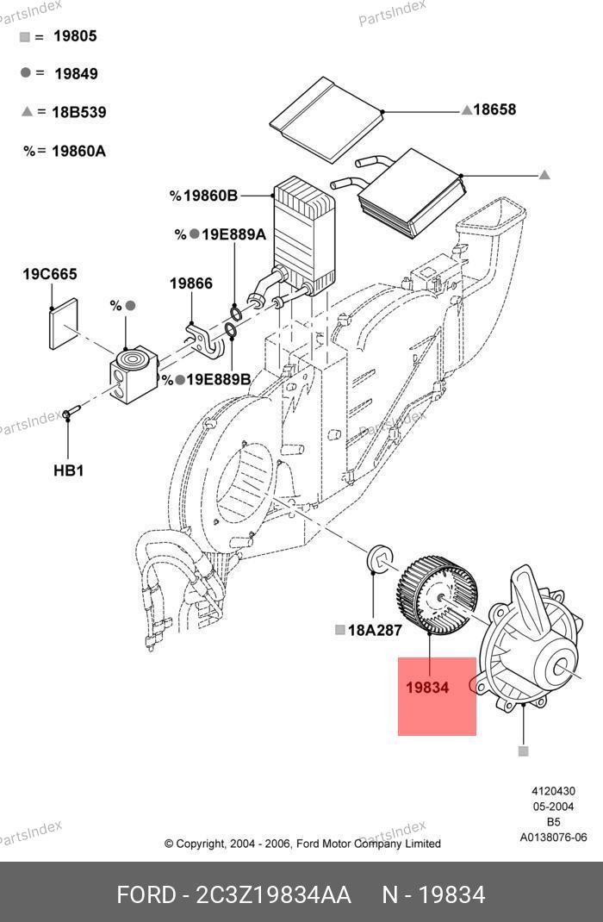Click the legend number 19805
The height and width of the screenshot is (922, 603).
click(x=75, y=36)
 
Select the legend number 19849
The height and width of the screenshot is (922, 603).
click(x=76, y=74)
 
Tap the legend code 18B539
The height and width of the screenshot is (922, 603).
click(x=78, y=112)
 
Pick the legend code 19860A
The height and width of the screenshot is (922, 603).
click(x=78, y=151)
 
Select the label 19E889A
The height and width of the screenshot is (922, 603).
click(x=233, y=234)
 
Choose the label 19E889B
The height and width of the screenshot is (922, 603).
click(x=219, y=379)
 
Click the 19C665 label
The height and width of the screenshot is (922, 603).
click(x=49, y=275)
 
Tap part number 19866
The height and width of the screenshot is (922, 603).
click(x=190, y=283)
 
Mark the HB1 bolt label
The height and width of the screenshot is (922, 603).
click(x=68, y=470)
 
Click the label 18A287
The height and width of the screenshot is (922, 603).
click(x=375, y=630)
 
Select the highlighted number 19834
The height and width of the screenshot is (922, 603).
click(x=427, y=688)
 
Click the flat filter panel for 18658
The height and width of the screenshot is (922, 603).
click(x=325, y=121)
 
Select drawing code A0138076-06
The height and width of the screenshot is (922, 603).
click(x=552, y=838)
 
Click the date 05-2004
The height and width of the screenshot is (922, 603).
click(x=553, y=807)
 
